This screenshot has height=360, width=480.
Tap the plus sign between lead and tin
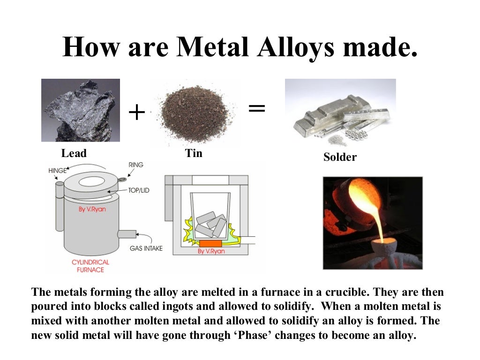136,112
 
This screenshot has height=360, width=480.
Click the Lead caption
74,153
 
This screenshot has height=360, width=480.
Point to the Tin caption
194,153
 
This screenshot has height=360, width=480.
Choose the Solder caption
340,157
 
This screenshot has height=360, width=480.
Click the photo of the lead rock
81,110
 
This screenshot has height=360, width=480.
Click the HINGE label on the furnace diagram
58,171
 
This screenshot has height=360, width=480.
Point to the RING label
135,165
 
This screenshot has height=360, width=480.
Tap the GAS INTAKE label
146,248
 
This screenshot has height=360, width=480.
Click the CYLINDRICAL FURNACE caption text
90,266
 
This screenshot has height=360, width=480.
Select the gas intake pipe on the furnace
126,233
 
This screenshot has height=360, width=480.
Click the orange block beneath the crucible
211,244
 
